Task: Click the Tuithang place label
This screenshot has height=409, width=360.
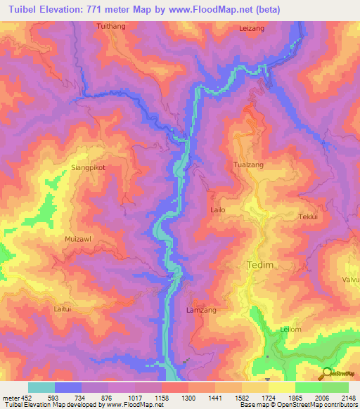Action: click(x=111, y=25)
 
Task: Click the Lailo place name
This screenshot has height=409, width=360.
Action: click(x=218, y=209)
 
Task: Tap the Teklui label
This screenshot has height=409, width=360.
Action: click(x=309, y=217)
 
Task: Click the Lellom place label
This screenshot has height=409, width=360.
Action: click(x=291, y=329)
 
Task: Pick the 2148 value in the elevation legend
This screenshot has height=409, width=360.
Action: click(x=348, y=397)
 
